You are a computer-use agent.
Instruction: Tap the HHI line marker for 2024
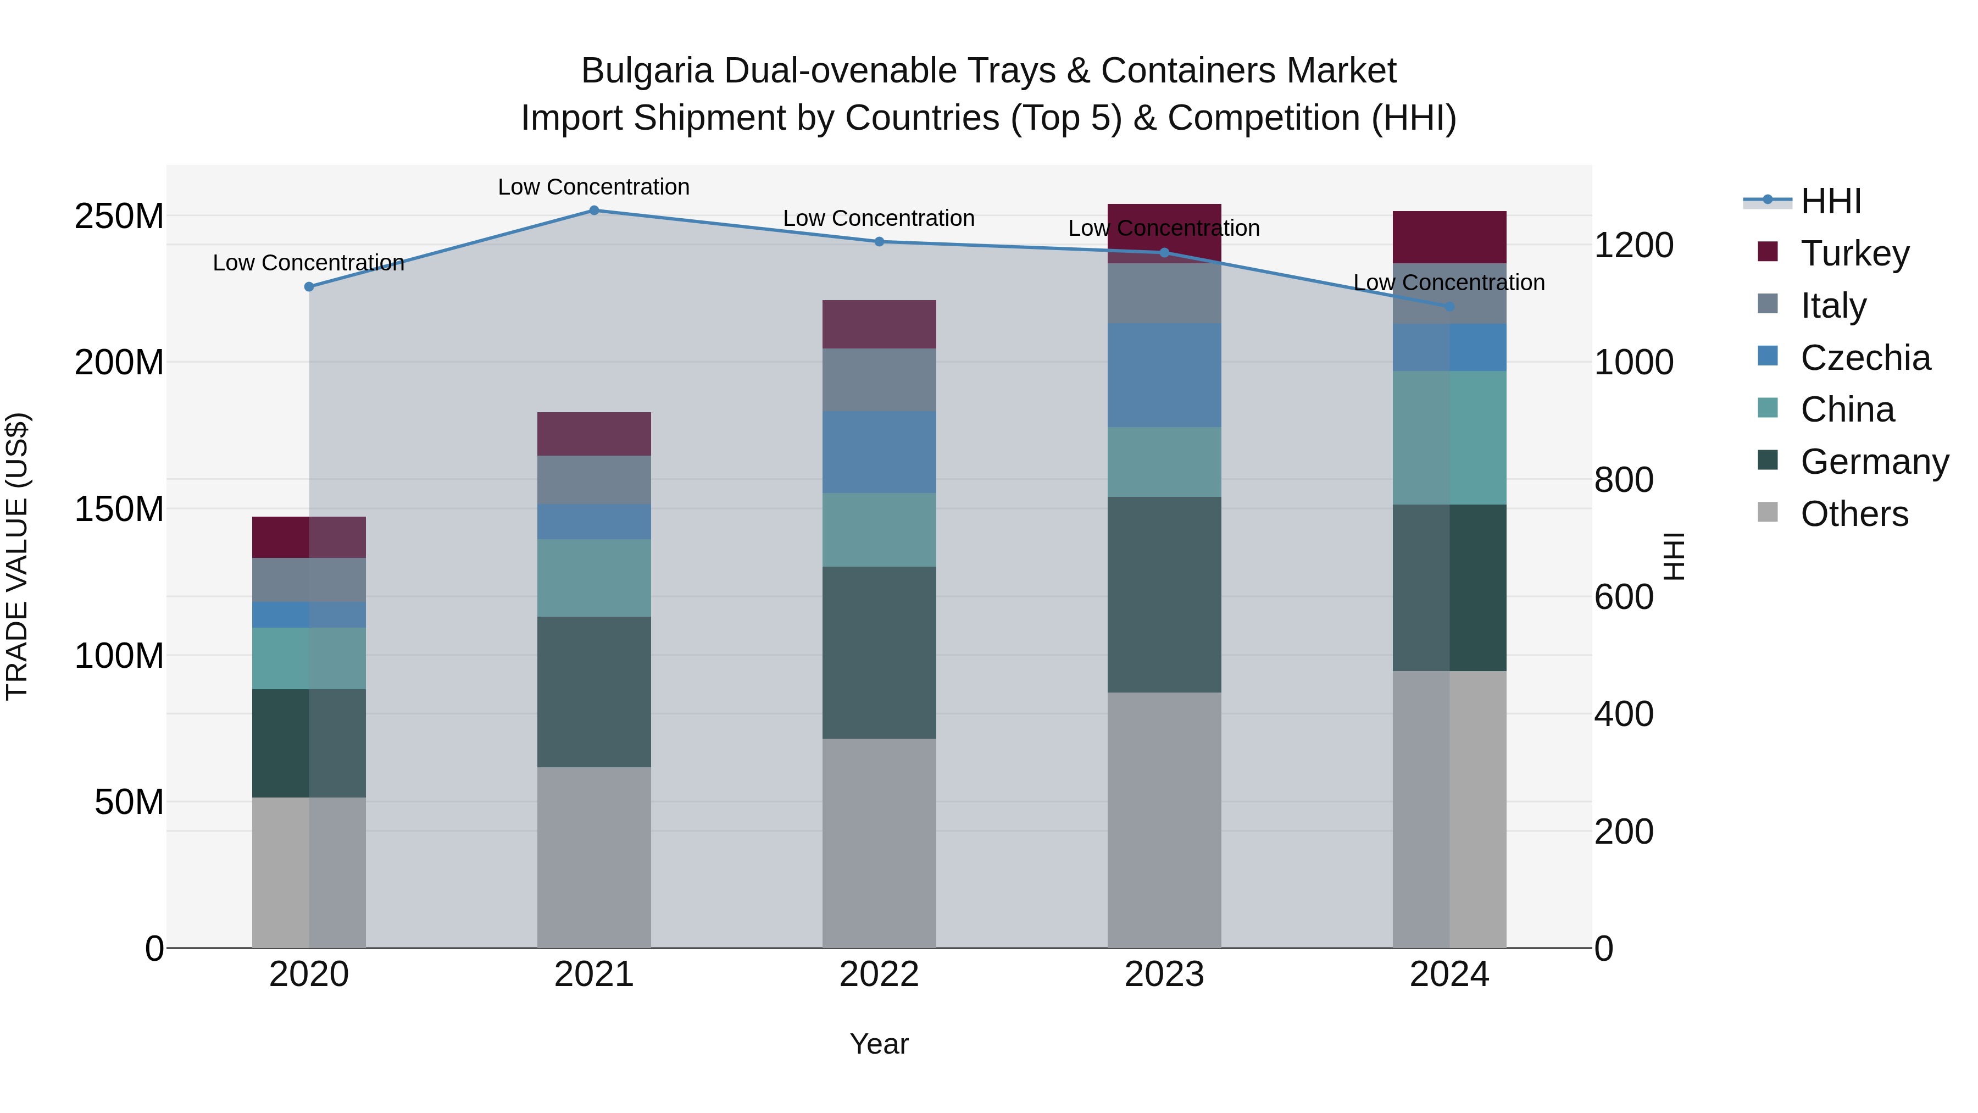coord(1449,307)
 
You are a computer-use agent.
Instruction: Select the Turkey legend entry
coord(1854,253)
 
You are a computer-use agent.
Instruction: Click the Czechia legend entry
coord(1864,358)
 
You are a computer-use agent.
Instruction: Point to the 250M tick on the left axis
coord(119,217)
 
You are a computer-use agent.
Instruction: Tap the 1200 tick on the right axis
coord(1633,246)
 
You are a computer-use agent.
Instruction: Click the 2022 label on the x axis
coord(879,974)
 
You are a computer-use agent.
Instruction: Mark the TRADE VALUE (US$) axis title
coord(17,556)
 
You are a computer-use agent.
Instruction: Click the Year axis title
coord(879,1044)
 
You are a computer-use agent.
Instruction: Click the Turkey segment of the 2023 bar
coord(1164,223)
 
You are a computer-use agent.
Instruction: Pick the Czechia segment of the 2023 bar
coord(1164,375)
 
